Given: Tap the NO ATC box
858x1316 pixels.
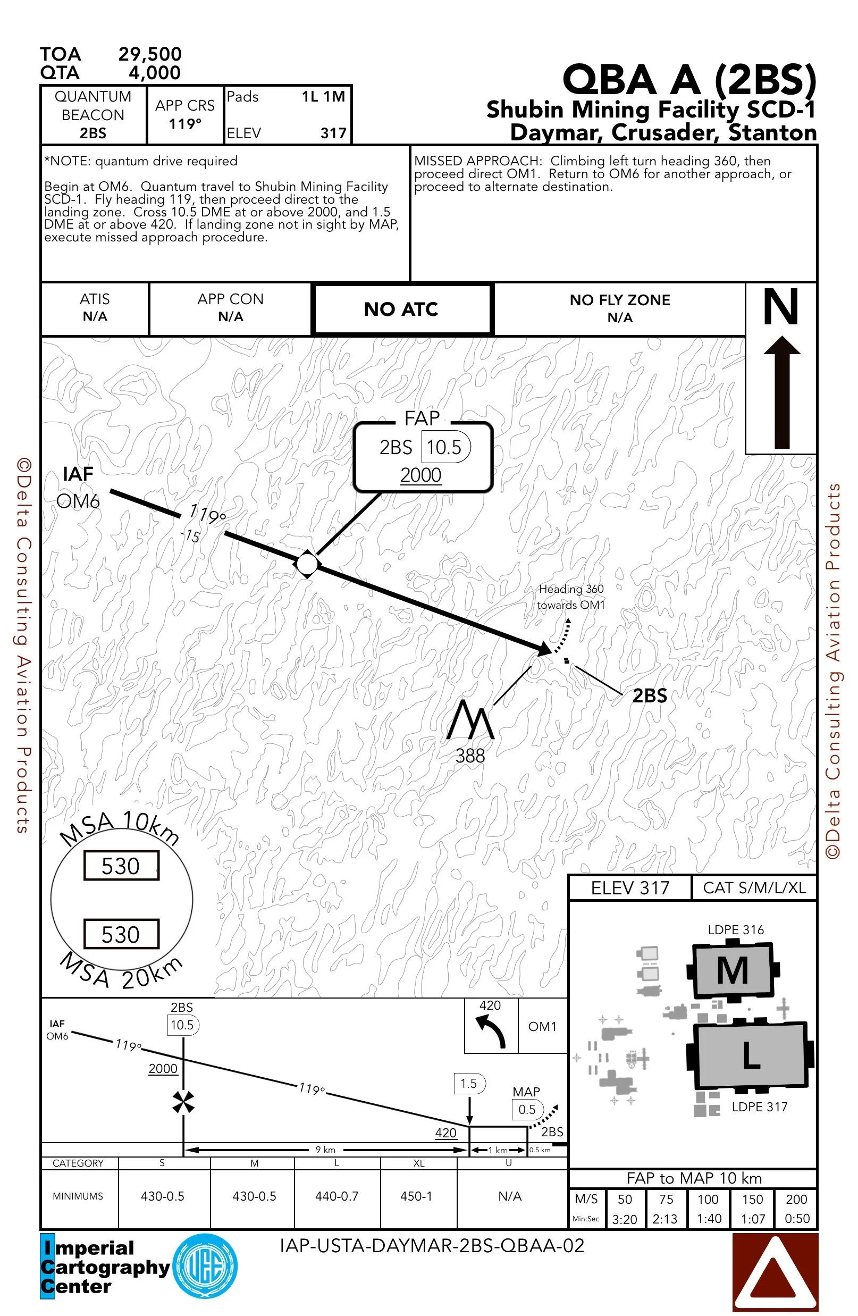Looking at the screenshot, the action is coord(401,309).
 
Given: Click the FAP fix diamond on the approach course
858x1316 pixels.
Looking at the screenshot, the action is coord(307,564).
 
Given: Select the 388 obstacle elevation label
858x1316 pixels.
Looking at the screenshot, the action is coord(470,756).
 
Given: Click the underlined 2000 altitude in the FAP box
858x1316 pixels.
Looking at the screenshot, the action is coord(420,475).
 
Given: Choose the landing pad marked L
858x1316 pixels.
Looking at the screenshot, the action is coord(750,1055).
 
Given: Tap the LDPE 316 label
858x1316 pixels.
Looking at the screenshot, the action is coord(736,930).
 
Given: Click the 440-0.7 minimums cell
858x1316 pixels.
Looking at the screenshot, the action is coord(337,1196).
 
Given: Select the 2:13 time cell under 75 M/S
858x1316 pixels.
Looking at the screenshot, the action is coord(665,1219).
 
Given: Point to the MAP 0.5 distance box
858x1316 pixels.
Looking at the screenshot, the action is coord(527,1109).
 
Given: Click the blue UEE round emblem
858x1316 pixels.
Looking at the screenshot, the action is coord(206,1266).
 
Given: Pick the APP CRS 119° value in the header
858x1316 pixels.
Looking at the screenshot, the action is coord(185,124).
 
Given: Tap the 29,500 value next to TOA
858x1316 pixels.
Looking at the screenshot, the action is coord(150,54).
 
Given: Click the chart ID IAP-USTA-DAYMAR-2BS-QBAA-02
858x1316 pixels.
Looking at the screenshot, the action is coord(432,1246).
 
